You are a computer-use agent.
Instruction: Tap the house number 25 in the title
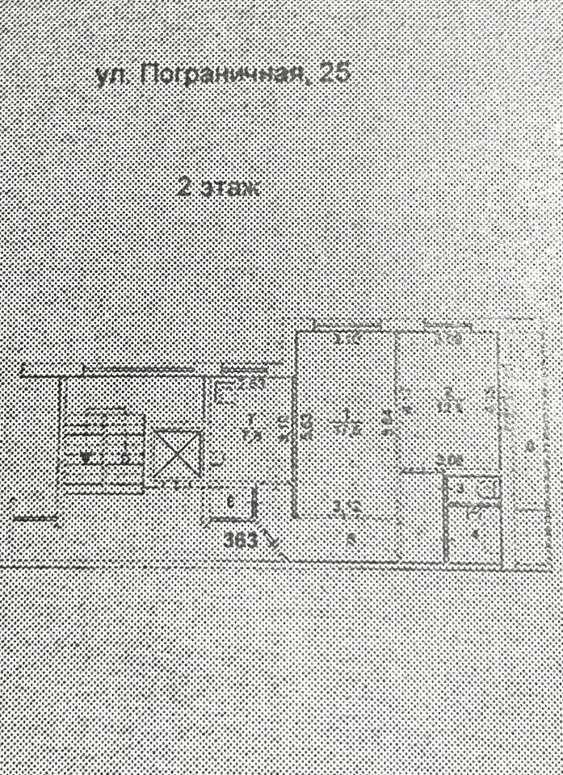(334, 74)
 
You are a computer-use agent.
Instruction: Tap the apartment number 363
(242, 541)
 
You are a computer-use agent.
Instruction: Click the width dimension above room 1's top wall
(347, 340)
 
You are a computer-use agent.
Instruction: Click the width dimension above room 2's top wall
(447, 340)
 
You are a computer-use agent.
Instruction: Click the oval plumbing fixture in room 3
(486, 488)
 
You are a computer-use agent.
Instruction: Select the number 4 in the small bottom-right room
(475, 533)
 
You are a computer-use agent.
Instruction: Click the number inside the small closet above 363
(230, 502)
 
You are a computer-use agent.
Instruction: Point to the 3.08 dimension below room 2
(449, 461)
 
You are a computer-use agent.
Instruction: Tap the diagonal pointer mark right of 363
(275, 545)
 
